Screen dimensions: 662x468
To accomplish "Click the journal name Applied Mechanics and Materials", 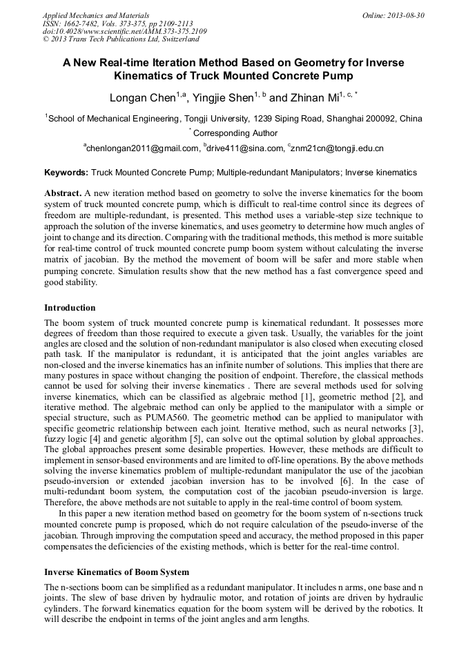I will coord(96,14).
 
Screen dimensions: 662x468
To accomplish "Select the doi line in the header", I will coord(124,31).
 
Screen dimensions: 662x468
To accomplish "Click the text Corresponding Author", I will coord(235,133).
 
